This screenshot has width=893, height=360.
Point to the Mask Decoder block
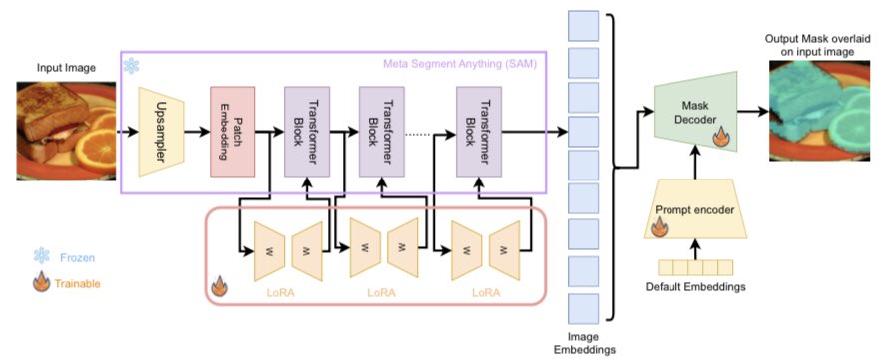pos(694,116)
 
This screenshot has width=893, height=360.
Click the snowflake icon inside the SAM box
pos(131,65)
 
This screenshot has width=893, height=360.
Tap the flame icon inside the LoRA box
pos(221,290)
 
